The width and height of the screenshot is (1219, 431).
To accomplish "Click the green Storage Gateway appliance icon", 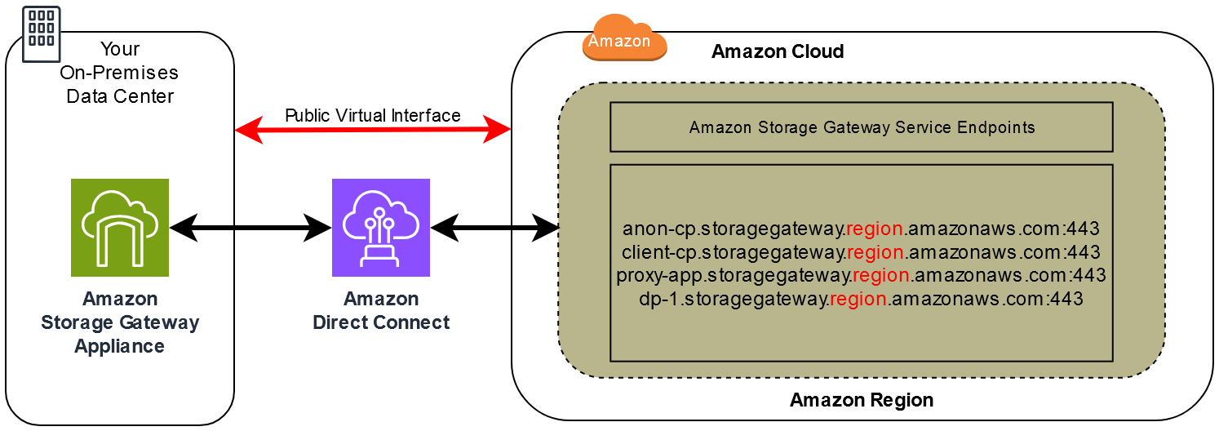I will [120, 228].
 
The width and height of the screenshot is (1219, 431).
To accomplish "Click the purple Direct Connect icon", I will [381, 228].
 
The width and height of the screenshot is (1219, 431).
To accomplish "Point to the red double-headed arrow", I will [372, 130].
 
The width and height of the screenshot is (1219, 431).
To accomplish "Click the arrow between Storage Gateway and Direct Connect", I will [250, 229].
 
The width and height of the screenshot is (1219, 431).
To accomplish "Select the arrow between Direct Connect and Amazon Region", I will [494, 229].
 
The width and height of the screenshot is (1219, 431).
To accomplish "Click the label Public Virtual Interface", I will [372, 115].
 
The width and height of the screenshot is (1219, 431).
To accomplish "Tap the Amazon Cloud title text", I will [777, 51].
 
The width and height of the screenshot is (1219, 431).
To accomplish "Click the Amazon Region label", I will [861, 401].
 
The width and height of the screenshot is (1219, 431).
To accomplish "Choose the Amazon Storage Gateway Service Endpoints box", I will [861, 127].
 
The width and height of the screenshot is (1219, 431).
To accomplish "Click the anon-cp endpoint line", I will [861, 229].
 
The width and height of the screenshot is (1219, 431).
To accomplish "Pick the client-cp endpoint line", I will [861, 251].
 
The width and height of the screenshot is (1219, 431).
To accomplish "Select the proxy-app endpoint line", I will [861, 275].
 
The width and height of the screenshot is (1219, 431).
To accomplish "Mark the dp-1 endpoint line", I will [861, 299].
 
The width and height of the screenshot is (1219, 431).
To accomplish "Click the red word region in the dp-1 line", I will [858, 299].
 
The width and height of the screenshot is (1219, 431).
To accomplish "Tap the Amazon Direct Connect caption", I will [381, 311].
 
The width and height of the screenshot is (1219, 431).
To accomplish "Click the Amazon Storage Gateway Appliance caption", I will [120, 322].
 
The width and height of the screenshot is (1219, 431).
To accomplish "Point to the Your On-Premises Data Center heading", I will [120, 73].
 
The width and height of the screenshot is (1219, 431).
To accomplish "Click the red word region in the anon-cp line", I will [875, 229].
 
